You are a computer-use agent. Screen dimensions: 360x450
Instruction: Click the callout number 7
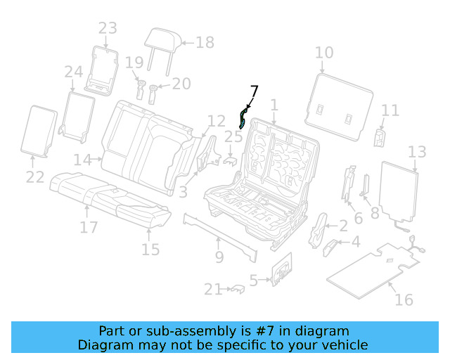(254, 92)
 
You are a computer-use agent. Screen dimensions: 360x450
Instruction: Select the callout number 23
(108, 29)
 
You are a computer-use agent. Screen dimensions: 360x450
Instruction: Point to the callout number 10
(324, 53)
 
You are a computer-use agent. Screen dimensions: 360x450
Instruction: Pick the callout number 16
(404, 300)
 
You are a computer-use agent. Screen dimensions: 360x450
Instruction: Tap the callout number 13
(417, 152)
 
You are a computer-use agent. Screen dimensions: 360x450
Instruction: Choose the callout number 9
(219, 257)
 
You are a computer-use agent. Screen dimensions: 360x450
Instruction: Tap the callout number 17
(88, 227)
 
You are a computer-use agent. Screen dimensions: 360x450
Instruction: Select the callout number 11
(390, 110)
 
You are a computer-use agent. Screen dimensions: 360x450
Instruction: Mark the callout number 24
(74, 72)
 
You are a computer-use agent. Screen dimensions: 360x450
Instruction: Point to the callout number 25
(233, 136)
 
